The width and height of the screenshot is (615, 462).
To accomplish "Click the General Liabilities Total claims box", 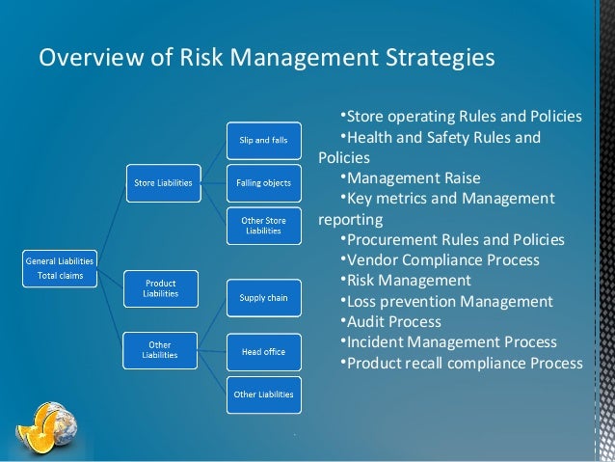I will (x=61, y=268).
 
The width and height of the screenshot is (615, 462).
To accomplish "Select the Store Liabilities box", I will (x=162, y=182).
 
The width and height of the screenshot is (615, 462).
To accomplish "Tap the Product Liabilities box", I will (x=160, y=287).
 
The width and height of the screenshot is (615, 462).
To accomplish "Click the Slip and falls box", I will (x=263, y=141).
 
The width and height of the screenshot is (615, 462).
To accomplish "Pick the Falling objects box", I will (x=263, y=182).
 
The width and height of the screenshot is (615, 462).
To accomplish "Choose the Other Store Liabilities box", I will (x=263, y=226).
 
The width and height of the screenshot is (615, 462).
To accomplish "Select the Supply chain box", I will (x=263, y=298).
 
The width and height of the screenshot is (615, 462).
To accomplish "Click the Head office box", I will (x=263, y=352).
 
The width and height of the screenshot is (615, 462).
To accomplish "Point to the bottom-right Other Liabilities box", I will (x=263, y=394).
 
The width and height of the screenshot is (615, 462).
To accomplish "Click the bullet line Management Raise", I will (x=413, y=177).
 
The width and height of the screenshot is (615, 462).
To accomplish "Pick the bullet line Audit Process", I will (x=393, y=321).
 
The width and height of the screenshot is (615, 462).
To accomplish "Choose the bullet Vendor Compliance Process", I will (x=442, y=259).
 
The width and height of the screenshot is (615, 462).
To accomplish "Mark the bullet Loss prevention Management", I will (x=449, y=301).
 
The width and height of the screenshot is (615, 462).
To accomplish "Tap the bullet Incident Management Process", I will (x=451, y=341).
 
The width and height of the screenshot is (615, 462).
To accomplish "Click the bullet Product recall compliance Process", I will (x=463, y=363).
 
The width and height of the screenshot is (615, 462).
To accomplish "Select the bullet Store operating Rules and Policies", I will (x=463, y=117).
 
